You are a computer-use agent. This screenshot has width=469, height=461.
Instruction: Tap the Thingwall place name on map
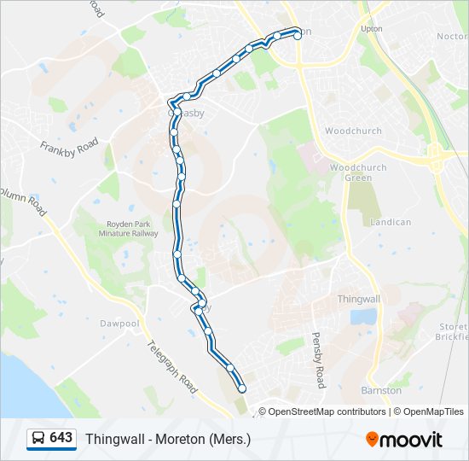coord(358,299)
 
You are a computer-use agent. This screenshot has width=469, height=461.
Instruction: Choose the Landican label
coord(391,222)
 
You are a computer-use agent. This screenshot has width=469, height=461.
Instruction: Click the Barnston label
coord(381,390)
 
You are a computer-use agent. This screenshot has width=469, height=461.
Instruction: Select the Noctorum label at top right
coord(452,37)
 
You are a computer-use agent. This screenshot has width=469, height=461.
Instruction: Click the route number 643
coord(61,438)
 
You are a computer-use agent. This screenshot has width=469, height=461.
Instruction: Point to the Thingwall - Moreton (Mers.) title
coord(168,439)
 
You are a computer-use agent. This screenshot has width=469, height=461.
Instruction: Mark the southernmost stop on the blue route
coord(242,388)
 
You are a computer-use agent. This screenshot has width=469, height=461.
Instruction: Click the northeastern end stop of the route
coord(297,35)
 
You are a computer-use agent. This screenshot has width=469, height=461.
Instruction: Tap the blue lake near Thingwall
coord(362,317)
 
